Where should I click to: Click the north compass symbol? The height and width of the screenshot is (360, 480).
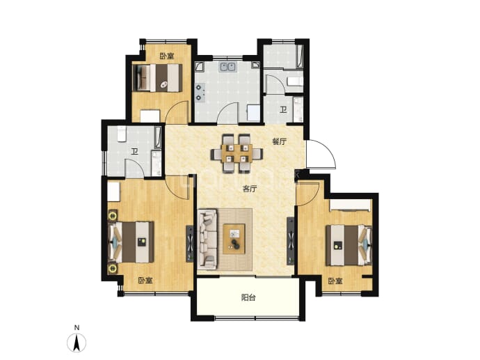tap(77, 340)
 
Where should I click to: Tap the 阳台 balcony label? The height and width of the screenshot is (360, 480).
tap(248, 297)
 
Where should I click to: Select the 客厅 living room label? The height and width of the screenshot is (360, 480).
tap(250, 189)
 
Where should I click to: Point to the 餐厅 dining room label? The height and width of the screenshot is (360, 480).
tap(279, 142)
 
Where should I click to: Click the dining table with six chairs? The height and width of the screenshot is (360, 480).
tap(237, 153)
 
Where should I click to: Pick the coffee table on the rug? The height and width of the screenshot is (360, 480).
tap(234, 239)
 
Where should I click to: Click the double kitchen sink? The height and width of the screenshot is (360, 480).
tap(227, 67)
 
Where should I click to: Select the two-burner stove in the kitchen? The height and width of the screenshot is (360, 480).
tap(200, 92)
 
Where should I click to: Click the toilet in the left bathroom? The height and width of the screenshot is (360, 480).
tap(122, 134)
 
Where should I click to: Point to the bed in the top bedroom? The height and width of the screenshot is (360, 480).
tap(157, 77)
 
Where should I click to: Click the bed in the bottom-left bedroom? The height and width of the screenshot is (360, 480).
tap(131, 242)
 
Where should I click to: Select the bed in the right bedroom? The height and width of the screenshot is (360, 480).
tap(349, 245)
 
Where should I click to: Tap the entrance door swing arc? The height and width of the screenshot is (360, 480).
tap(328, 150)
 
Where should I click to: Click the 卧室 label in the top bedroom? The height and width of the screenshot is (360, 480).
tap(167, 56)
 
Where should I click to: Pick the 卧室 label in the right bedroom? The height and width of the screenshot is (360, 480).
tap(335, 281)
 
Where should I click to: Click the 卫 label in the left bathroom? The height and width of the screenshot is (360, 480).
tap(134, 152)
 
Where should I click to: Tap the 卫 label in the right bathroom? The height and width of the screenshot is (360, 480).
tap(283, 110)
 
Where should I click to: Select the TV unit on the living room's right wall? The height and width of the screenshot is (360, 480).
tap(291, 241)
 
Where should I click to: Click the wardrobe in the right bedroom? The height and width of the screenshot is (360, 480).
tap(351, 205)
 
